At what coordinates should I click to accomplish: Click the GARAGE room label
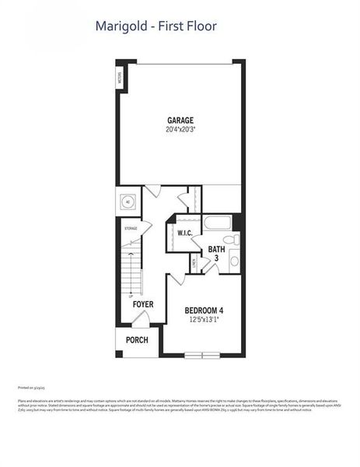click(x=180, y=120)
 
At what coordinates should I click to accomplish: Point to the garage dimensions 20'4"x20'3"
click(x=180, y=130)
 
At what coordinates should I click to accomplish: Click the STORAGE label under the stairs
click(x=130, y=228)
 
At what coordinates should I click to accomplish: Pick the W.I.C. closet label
click(x=185, y=233)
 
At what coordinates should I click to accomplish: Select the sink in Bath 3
click(x=234, y=261)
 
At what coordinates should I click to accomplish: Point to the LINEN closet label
click(x=194, y=264)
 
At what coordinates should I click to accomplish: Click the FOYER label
click(x=142, y=304)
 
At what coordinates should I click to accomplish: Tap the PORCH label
click(x=137, y=340)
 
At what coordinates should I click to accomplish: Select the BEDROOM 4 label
click(x=204, y=311)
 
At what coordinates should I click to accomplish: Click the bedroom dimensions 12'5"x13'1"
click(x=204, y=321)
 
